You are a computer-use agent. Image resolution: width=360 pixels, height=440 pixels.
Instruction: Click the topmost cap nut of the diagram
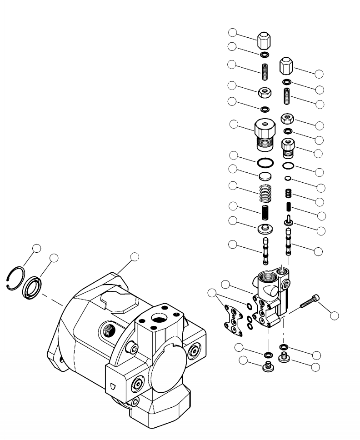click(264, 42)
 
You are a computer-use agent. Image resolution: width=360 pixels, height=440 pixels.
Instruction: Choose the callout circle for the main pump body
click(134, 257)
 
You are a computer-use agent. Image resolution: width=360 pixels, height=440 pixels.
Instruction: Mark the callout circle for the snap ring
click(37, 248)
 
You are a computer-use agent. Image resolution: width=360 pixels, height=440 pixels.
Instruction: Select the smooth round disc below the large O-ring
click(265, 176)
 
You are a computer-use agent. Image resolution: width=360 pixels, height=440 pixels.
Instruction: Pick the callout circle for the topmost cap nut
click(233, 32)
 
